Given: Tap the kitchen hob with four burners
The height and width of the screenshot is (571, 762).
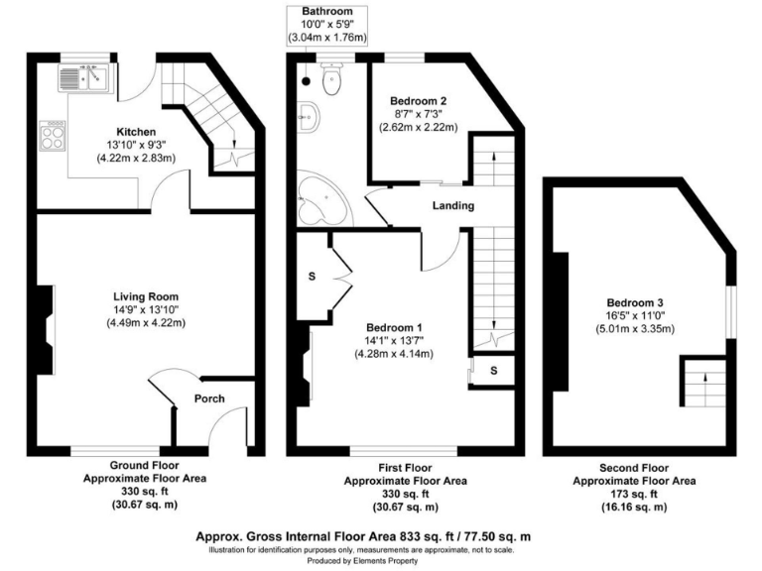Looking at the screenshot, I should point(53,136).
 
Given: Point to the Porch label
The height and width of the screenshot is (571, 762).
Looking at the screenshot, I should point(209,400).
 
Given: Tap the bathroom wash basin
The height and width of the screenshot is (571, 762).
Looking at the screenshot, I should point(310,117).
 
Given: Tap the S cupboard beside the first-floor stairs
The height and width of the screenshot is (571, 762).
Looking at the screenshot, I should point(492,371).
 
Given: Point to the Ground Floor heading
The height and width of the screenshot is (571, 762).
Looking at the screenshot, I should point(143,467).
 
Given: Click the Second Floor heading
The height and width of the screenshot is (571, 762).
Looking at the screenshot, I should point(635,467).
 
